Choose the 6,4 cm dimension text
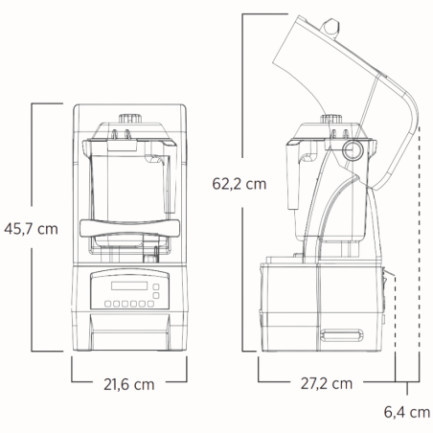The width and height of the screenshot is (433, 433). (406, 413)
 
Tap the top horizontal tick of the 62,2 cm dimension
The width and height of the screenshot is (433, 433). (259, 16)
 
